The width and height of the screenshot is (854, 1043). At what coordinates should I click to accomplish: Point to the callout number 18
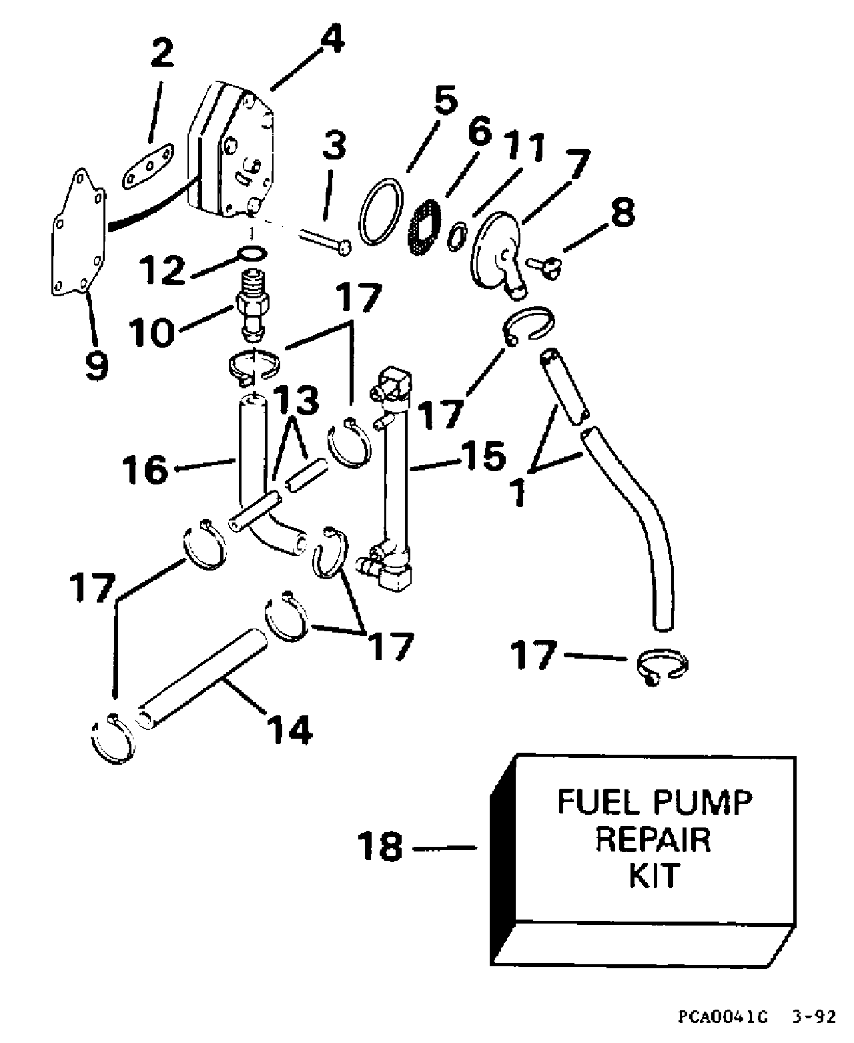pos(380,847)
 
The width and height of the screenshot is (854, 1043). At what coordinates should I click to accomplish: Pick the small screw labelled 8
pos(542,265)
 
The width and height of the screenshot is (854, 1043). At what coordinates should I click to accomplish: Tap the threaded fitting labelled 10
pos(256,304)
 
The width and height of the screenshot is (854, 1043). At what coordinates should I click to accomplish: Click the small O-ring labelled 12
pos(252,254)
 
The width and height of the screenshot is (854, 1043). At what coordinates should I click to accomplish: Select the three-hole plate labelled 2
pos(148,167)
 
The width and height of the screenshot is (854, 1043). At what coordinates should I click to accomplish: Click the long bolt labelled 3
pos(324,240)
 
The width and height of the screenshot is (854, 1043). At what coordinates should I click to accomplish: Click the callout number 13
pos(296,400)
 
